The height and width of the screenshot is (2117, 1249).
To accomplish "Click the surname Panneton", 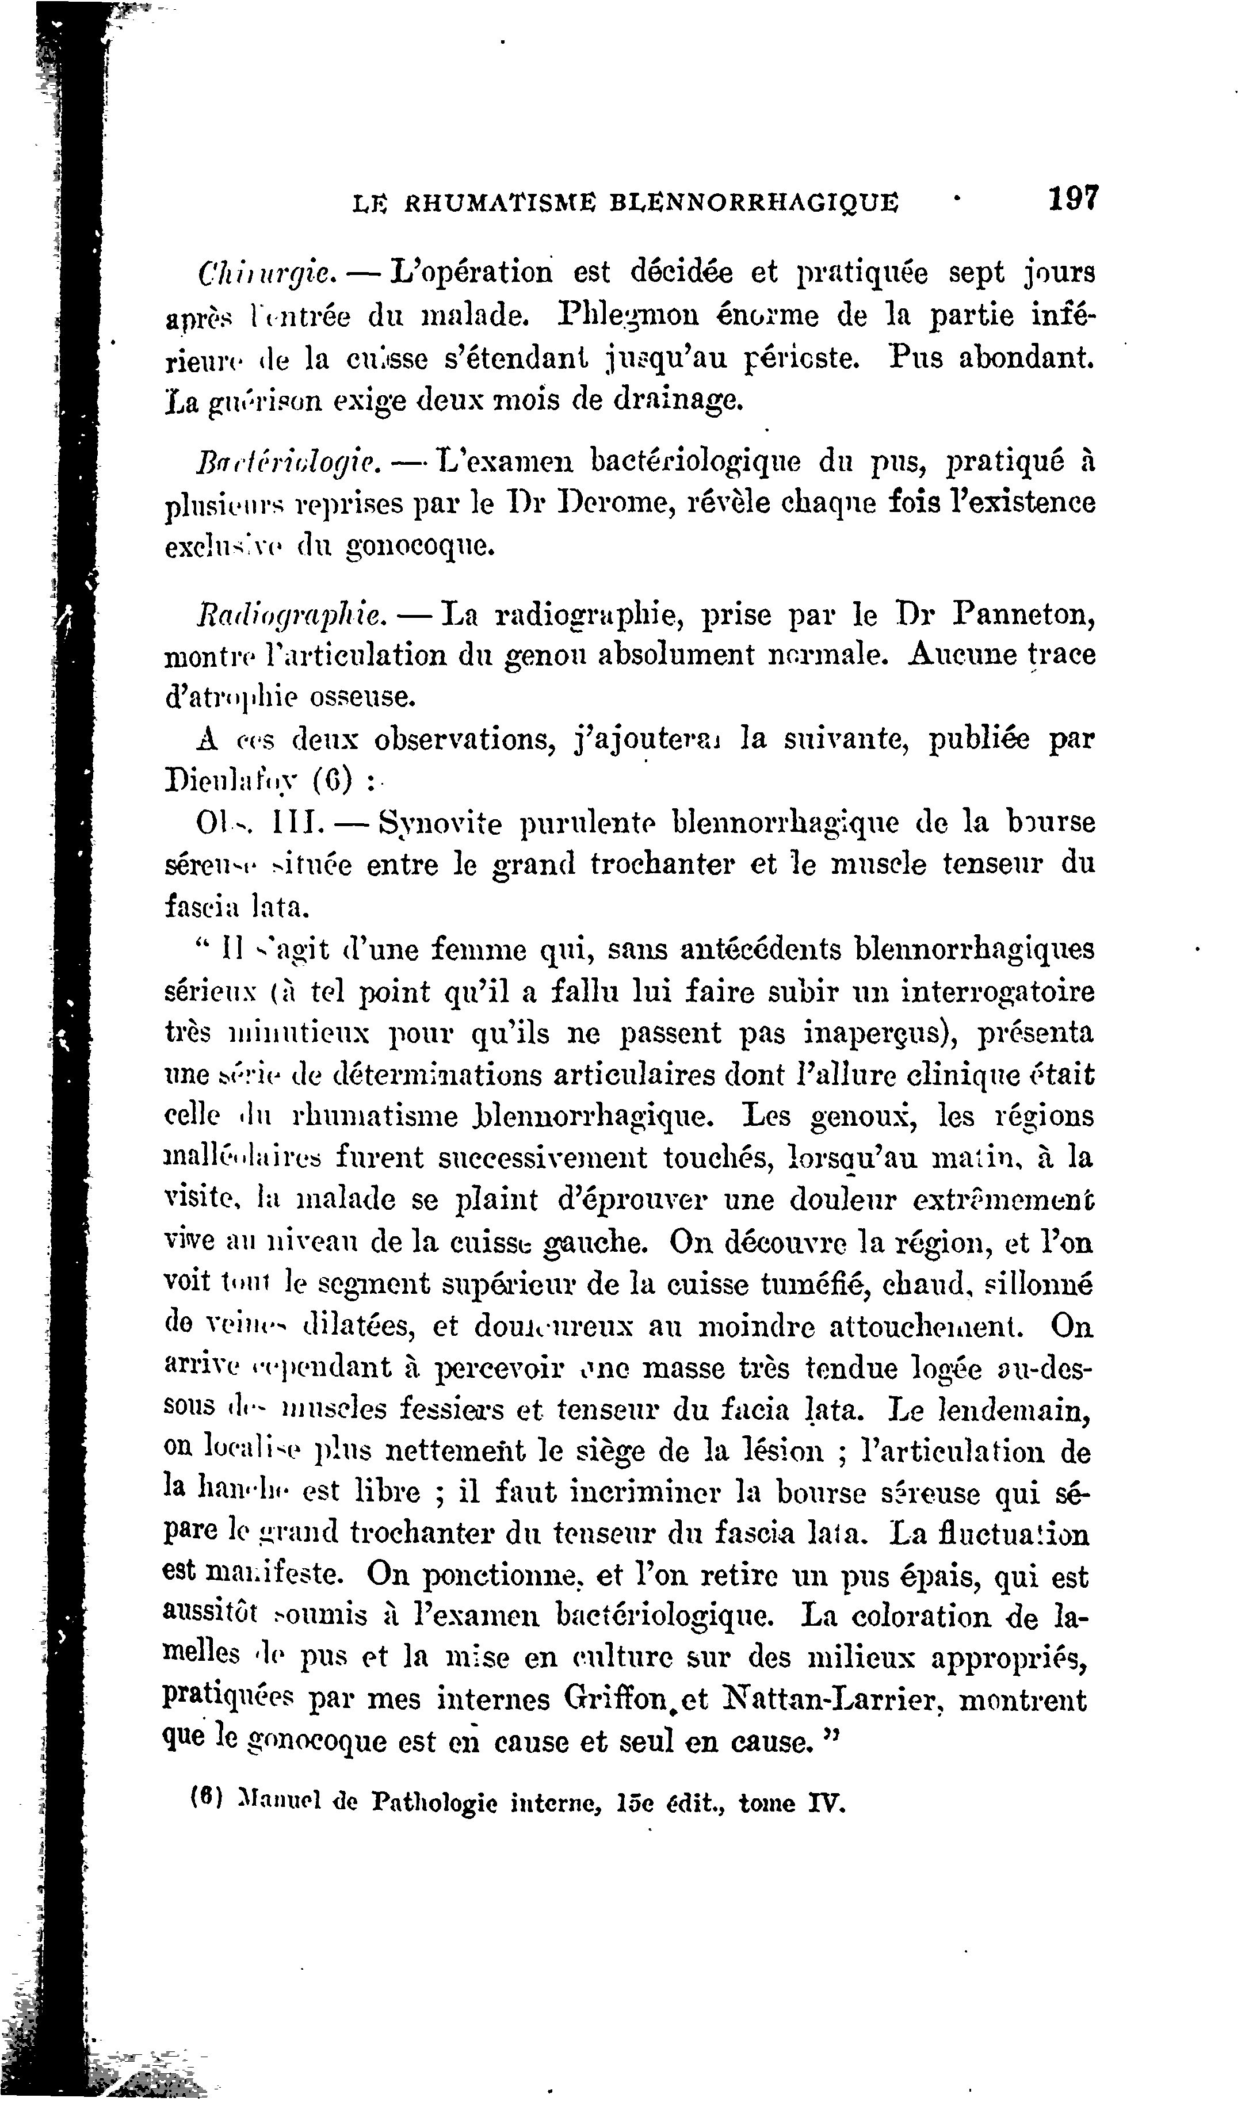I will click(1023, 613).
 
